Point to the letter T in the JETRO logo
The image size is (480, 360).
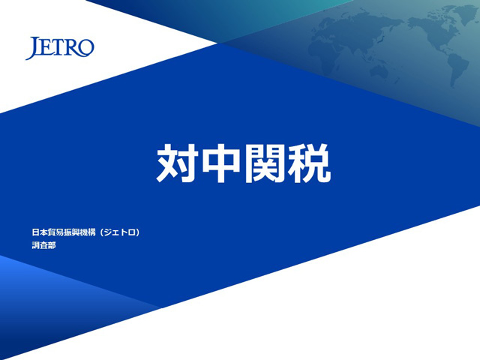tap(58, 46)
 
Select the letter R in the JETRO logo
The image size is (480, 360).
tap(72, 47)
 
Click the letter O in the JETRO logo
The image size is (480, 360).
tap(86, 48)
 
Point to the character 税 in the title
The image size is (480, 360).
tap(309, 163)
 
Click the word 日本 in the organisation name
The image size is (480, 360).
tap(40, 232)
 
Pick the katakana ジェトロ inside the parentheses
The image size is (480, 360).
tap(120, 232)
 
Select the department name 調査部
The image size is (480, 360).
tap(43, 245)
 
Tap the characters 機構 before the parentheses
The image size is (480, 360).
tap(88, 232)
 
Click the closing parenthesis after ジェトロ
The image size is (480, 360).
tap(138, 232)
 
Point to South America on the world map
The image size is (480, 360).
tap(457, 70)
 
